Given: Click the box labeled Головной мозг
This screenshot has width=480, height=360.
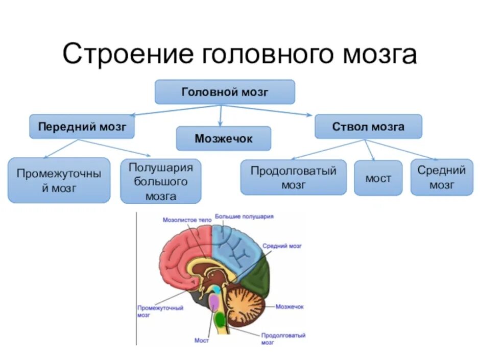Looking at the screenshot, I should (225, 92).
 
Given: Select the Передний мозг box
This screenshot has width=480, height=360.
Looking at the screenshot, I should (82, 127).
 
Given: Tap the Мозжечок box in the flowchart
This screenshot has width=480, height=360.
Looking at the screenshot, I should (223, 138).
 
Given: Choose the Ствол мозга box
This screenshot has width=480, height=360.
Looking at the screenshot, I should (368, 127).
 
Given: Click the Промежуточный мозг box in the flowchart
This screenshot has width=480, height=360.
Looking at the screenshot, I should (59, 180).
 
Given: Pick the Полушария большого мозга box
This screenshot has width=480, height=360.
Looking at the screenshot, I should (160, 181).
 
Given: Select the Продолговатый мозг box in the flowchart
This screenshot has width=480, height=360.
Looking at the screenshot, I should (293, 177).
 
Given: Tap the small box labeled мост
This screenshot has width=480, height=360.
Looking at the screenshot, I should (378, 178).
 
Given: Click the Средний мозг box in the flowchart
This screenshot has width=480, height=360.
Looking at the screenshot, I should (441, 177).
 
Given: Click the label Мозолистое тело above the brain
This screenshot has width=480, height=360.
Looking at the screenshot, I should (186, 221).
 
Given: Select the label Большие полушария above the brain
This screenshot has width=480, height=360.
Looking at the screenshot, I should (244, 217).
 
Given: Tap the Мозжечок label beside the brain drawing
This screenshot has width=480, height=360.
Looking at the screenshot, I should (290, 306).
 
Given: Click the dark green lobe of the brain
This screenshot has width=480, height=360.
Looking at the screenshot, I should (257, 278).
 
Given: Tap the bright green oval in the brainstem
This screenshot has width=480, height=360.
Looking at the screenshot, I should (220, 320).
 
